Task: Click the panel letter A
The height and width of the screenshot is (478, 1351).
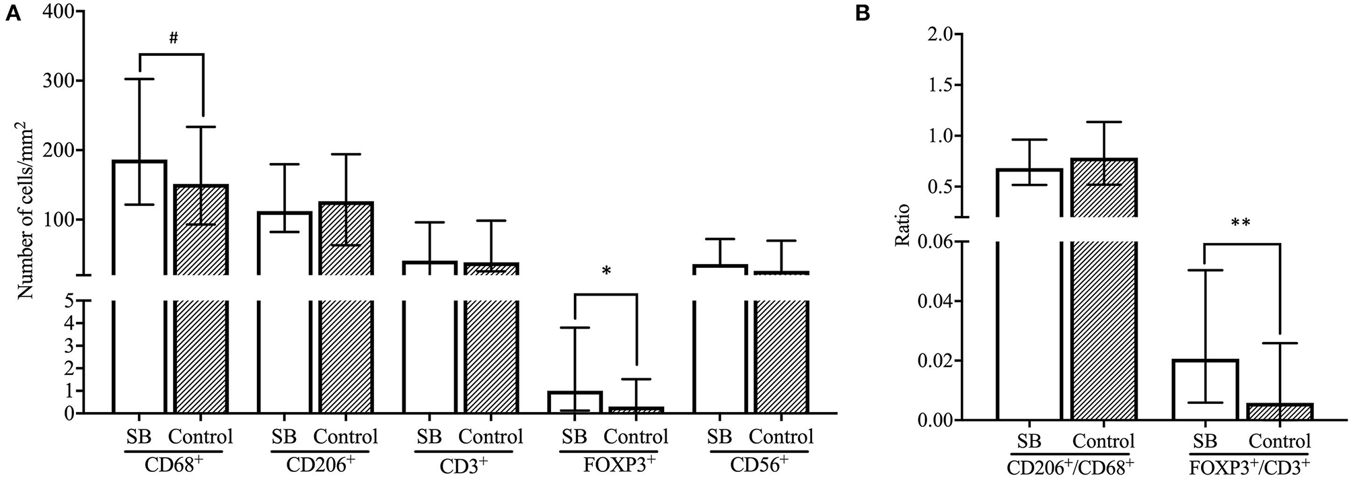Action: click(11, 15)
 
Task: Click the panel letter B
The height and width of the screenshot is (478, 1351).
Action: click(863, 15)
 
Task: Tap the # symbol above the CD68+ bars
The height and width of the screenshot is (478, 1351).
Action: click(173, 38)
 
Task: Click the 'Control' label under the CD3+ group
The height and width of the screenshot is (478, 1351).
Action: click(490, 437)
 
